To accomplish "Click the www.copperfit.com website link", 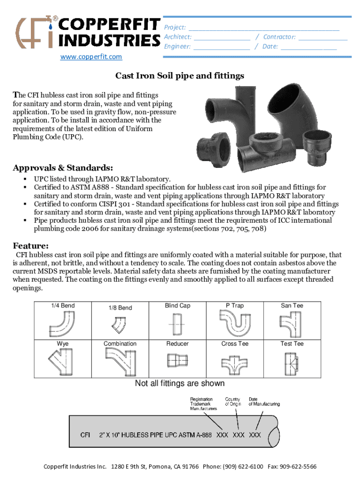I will (x=91, y=57).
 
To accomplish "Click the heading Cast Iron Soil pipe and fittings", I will (x=180, y=76).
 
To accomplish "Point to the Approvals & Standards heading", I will (x=63, y=167).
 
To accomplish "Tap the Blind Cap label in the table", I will (x=178, y=305).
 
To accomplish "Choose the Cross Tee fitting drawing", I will (x=234, y=362).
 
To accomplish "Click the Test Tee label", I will (x=292, y=344).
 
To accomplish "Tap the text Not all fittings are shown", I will (x=180, y=384).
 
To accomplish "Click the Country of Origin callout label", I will (x=233, y=401).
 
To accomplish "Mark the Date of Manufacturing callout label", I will (x=264, y=401).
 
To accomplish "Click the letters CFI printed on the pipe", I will (x=85, y=435).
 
